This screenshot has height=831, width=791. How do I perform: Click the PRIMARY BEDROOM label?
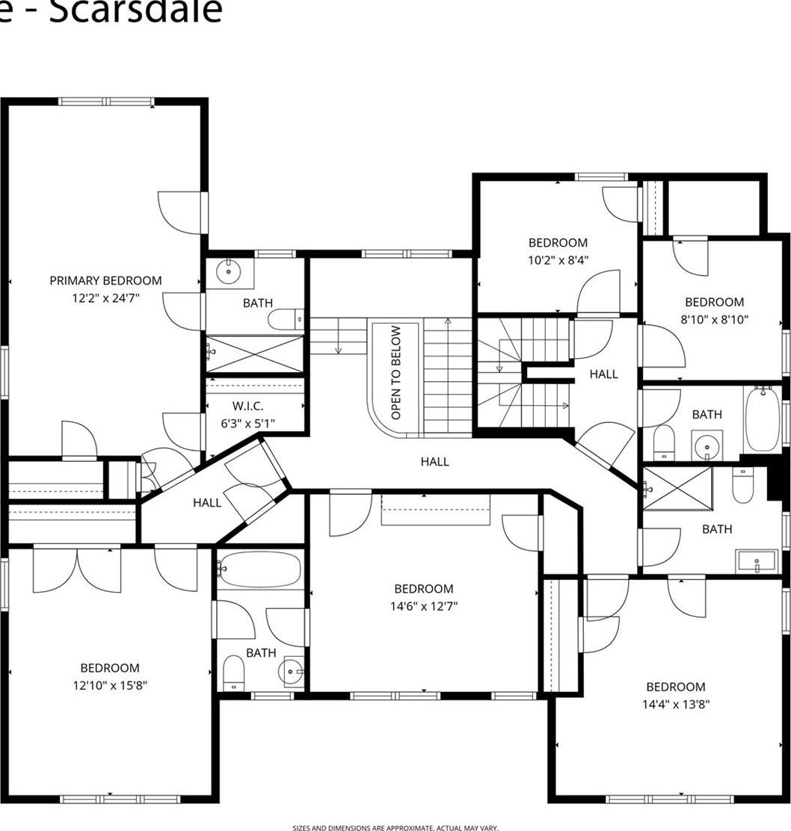click(105, 281)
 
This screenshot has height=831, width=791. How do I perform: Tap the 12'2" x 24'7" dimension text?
click(105, 297)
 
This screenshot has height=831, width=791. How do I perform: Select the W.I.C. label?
click(247, 407)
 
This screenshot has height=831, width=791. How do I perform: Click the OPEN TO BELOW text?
click(396, 372)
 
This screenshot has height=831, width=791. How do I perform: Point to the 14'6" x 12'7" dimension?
click(424, 606)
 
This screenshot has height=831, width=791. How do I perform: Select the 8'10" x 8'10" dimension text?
click(714, 319)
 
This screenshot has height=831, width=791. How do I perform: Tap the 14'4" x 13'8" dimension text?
click(676, 704)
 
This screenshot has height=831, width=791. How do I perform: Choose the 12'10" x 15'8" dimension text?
click(110, 685)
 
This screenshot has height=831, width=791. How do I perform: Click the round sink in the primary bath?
click(230, 273)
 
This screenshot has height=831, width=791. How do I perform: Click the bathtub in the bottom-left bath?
click(259, 570)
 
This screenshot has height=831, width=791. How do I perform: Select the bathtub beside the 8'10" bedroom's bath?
click(762, 418)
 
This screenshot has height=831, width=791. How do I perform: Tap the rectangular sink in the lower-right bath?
click(757, 561)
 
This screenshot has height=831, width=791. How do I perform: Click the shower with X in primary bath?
click(255, 353)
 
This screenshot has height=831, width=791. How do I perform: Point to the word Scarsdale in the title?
click(135, 11)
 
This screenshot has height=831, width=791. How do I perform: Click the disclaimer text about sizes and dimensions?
click(395, 827)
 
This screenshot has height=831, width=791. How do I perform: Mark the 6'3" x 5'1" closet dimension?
click(247, 423)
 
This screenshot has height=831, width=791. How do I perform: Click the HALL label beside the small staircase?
click(603, 374)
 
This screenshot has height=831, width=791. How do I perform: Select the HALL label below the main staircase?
click(434, 462)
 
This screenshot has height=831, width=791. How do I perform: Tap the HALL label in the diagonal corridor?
click(207, 503)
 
